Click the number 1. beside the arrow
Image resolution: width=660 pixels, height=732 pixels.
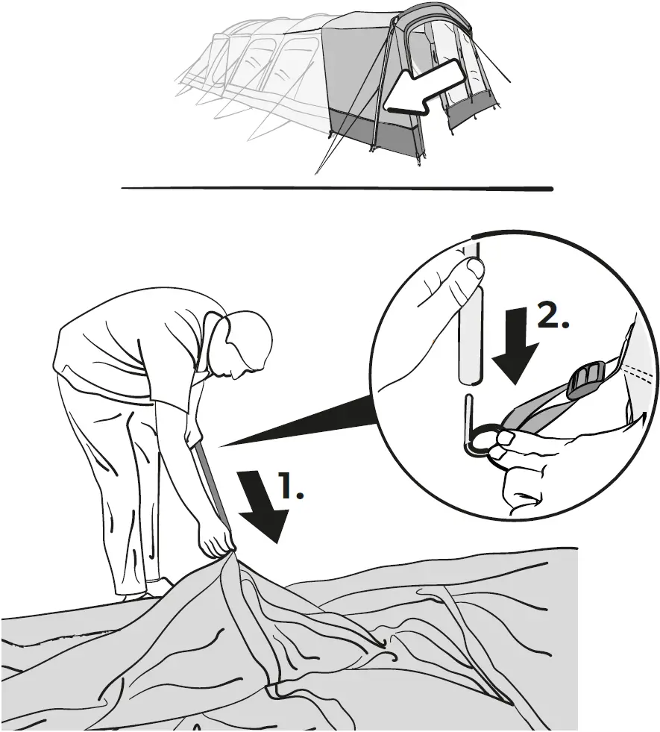pos(292,486)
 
